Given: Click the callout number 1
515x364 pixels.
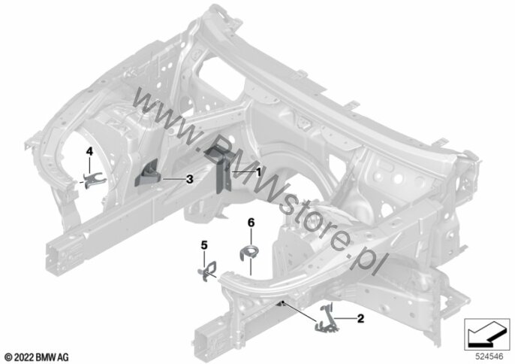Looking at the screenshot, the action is coord(258,171).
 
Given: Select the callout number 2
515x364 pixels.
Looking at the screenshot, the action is coord(360,319).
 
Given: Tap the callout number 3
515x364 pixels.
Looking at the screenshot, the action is coord(189,179).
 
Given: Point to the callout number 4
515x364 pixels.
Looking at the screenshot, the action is coord(89,151).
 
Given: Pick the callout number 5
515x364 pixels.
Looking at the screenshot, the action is coord(204,245).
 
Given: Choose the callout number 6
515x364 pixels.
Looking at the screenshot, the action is coord(251,223).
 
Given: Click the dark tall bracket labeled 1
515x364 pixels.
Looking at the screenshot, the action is coord(218,168).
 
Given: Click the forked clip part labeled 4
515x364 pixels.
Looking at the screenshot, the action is coord(93,180).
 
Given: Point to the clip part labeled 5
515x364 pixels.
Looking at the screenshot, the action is coord(208,271).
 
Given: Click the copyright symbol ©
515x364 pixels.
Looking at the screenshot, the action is coord(9,356).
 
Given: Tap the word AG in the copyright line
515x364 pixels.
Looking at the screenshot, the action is coord(63,356).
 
